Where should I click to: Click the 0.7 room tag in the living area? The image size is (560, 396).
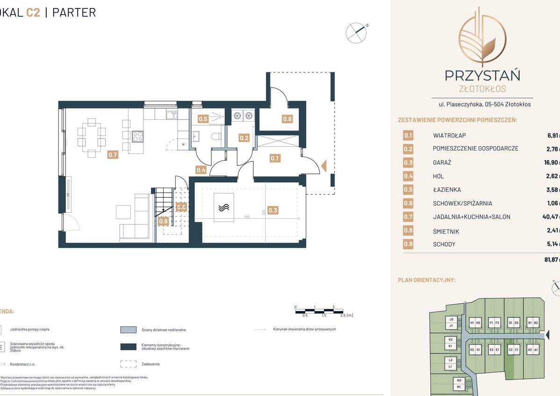(112, 155)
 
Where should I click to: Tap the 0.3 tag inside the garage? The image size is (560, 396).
(273, 210)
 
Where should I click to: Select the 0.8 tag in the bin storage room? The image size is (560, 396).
(287, 119)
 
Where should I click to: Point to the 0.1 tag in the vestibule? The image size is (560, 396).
(274, 158)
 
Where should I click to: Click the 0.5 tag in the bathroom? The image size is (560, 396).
(203, 119)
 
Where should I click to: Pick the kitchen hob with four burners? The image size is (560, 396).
(137, 136)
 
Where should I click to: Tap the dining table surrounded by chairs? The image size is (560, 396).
(92, 136)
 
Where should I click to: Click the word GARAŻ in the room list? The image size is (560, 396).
(442, 163)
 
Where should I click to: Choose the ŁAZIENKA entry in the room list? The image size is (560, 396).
(447, 190)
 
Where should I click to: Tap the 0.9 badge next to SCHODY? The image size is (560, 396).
(408, 244)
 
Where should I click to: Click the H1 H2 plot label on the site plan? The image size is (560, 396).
(475, 323)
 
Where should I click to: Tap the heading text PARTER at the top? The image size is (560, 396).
(74, 12)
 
